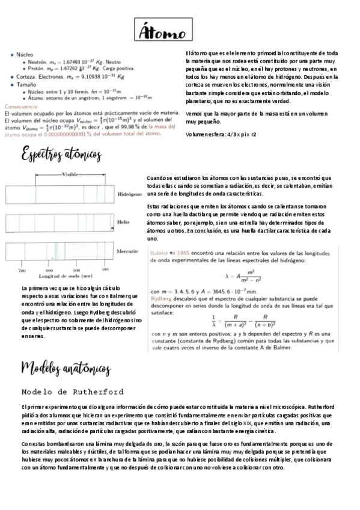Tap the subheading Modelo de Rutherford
pyautogui.click(x=73, y=392)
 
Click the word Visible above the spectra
pyautogui.click(x=71, y=174)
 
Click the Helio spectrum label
pyautogui.click(x=123, y=222)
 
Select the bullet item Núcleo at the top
pyautogui.click(x=25, y=54)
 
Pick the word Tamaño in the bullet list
pyautogui.click(x=27, y=85)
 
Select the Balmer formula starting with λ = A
pyautogui.click(x=246, y=276)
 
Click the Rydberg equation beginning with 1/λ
pyautogui.click(x=247, y=320)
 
